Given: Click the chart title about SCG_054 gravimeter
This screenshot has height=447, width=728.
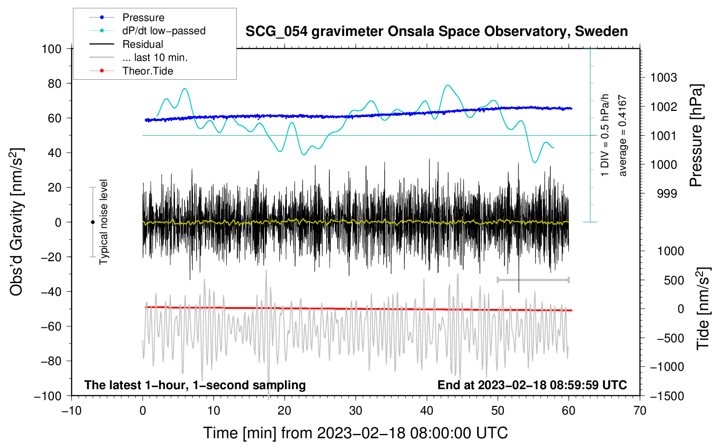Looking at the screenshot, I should click(436, 32).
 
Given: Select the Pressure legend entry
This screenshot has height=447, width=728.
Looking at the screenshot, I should click(143, 18).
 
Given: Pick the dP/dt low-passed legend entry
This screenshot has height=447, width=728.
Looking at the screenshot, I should click(164, 31).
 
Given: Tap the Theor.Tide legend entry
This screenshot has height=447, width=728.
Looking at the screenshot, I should click(147, 71).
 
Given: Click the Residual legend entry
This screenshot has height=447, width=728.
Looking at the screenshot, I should click(143, 44).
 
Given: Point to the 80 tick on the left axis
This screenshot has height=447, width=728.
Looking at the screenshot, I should click(52, 83).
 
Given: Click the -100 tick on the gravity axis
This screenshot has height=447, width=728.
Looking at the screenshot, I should click(48, 396).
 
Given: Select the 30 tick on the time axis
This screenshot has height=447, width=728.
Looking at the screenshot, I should click(356, 411).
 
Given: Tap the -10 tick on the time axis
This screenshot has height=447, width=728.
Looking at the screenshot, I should click(71, 411).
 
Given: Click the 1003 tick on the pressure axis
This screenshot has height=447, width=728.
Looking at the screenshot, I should click(663, 78).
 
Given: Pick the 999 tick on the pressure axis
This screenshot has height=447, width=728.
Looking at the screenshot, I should click(667, 193).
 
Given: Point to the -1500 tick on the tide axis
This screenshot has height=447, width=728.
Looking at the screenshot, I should click(667, 396).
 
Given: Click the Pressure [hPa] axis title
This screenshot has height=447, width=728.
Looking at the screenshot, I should click(696, 135).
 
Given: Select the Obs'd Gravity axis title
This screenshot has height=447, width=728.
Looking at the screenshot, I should click(16, 222).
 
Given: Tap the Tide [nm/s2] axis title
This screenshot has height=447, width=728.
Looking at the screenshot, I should click(703, 309).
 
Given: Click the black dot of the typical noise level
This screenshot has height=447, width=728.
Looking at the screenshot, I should click(93, 222).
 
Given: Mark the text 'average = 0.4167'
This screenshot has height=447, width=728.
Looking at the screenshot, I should click(622, 136).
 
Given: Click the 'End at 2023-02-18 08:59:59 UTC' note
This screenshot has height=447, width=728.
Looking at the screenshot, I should click(532, 385).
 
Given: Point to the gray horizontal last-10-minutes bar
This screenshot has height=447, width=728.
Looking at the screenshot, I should click(533, 280).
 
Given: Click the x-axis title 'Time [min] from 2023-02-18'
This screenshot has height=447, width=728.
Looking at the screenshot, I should click(356, 433).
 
